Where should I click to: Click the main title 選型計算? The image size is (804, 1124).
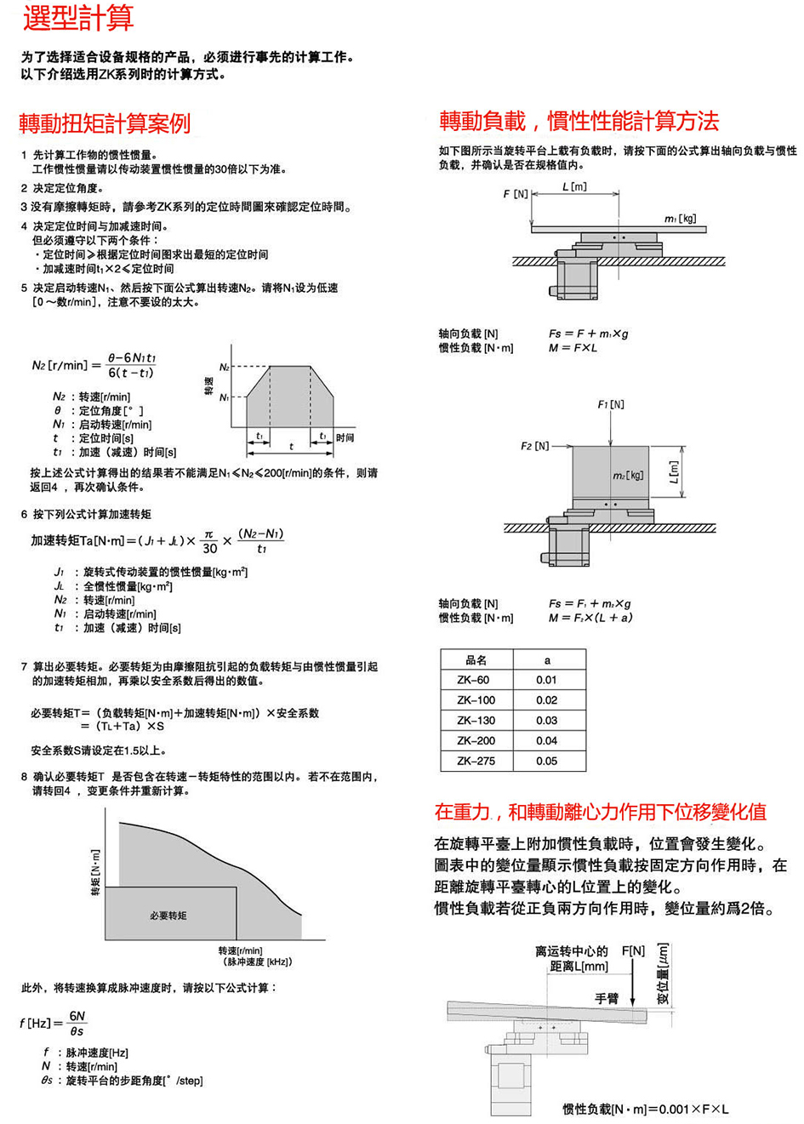[78, 19]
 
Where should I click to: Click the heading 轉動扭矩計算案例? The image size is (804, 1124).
[105, 123]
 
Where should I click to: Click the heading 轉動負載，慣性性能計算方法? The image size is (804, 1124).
[579, 121]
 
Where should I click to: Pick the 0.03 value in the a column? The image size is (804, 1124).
[546, 721]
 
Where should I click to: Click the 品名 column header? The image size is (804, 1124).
[476, 660]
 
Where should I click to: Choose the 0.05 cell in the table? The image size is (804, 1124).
[546, 762]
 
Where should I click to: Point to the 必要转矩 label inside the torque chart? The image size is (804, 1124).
[168, 916]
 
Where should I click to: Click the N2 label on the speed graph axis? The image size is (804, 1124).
[225, 368]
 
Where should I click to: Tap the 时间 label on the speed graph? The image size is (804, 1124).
[345, 437]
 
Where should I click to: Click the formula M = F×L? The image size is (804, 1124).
[573, 348]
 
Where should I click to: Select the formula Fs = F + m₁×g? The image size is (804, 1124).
[588, 334]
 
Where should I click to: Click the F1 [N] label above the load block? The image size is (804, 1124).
[611, 404]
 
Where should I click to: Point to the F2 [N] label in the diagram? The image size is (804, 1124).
[534, 446]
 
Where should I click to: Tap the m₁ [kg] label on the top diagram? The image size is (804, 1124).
[680, 220]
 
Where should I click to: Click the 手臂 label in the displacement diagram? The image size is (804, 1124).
[607, 998]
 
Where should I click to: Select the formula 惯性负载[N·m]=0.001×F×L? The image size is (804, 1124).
[645, 1109]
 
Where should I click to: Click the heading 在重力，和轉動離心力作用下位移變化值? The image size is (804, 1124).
[600, 812]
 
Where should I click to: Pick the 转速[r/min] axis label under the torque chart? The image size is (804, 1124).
[240, 950]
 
